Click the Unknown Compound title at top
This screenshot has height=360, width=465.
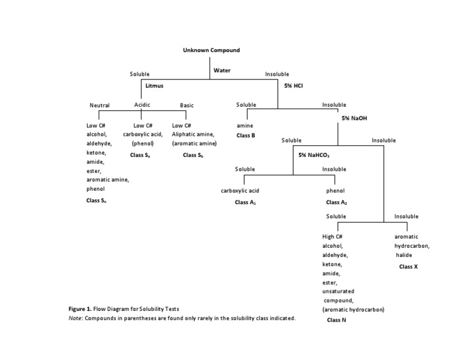(211, 50)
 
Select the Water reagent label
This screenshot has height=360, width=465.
(222, 71)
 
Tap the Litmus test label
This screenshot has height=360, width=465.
(154, 87)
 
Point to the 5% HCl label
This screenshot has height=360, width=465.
(293, 86)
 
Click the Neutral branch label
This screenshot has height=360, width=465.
(99, 105)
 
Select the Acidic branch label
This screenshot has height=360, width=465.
(142, 105)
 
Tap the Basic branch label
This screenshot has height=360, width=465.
(187, 105)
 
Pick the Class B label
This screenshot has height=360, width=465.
(245, 135)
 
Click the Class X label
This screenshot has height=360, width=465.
(408, 266)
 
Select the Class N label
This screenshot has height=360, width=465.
(336, 319)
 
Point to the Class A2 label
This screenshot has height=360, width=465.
(336, 202)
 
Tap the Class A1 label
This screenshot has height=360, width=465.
(245, 202)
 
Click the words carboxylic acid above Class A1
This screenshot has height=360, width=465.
(240, 191)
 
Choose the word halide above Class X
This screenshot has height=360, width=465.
(404, 255)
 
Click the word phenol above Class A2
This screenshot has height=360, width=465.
(335, 191)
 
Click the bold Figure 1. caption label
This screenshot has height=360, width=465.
(81, 309)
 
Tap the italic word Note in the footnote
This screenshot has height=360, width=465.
(75, 318)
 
